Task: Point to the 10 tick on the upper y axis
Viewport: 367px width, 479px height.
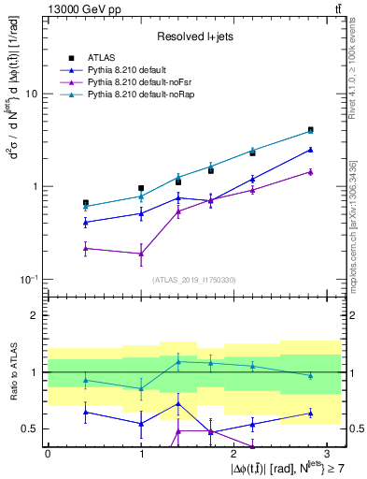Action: (x=31, y=94)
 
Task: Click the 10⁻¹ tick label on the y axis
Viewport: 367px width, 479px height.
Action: (x=28, y=280)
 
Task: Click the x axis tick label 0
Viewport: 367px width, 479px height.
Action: (x=48, y=452)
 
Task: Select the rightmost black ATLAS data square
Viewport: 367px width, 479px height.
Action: (x=310, y=130)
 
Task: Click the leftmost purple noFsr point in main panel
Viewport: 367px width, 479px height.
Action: (x=86, y=248)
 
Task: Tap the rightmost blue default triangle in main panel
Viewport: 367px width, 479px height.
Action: (x=310, y=149)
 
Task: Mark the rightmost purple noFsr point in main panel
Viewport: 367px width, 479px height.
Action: (x=310, y=171)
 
